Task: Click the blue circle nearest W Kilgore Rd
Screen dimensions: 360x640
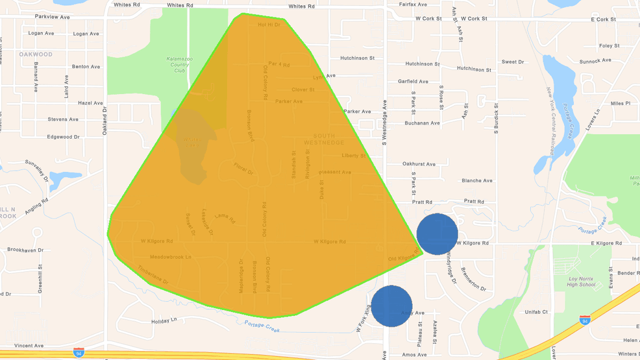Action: click(437, 234)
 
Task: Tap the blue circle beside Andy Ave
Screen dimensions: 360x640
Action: click(391, 306)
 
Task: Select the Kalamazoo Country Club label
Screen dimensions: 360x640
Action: click(180, 64)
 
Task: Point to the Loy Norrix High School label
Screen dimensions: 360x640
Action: click(581, 282)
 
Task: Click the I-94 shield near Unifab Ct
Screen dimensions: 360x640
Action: click(585, 320)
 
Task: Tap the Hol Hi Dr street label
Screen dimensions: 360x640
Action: click(269, 25)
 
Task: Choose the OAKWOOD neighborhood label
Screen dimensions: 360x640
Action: click(36, 54)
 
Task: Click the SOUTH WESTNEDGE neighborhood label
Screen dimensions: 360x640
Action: click(324, 139)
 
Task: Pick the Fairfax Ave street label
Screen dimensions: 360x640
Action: click(413, 5)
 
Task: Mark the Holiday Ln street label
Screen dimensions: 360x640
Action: click(164, 320)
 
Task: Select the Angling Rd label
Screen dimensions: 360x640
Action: click(37, 206)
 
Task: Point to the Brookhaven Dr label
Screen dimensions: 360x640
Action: click(25, 250)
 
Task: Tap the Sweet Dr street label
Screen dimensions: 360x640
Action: click(512, 62)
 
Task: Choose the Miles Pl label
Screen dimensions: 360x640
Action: click(620, 103)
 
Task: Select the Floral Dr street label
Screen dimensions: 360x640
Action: click(243, 169)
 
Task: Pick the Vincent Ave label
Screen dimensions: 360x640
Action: click(29, 346)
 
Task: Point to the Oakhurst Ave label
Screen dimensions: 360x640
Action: click(419, 164)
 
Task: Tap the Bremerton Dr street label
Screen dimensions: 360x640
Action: click(473, 278)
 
